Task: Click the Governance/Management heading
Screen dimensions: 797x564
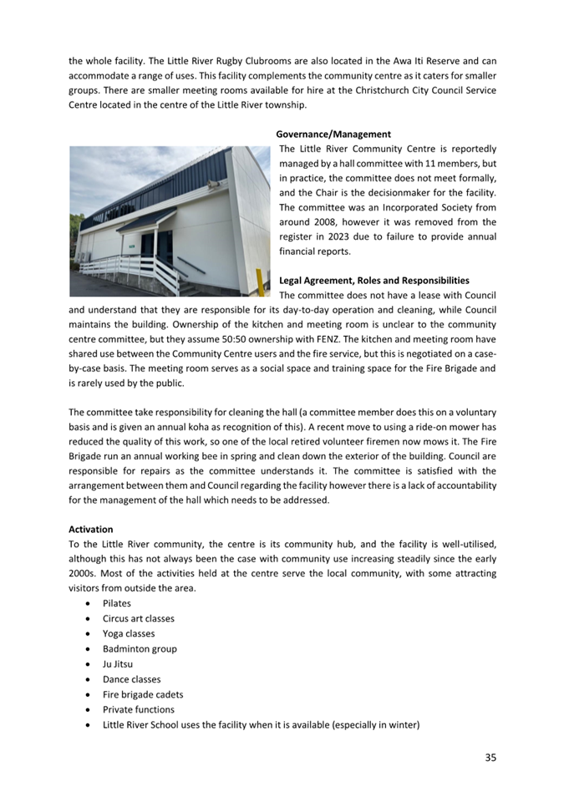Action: [333, 134]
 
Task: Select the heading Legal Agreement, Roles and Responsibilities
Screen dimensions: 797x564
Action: [374, 280]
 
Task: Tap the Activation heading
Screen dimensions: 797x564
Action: [90, 528]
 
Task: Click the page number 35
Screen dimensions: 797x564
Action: [490, 757]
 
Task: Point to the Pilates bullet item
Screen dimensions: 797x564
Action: [117, 602]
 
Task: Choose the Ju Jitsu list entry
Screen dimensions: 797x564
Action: [118, 664]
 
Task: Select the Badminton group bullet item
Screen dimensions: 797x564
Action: [140, 648]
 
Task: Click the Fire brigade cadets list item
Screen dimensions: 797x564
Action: [143, 694]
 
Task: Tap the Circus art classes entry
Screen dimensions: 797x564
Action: [139, 618]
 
